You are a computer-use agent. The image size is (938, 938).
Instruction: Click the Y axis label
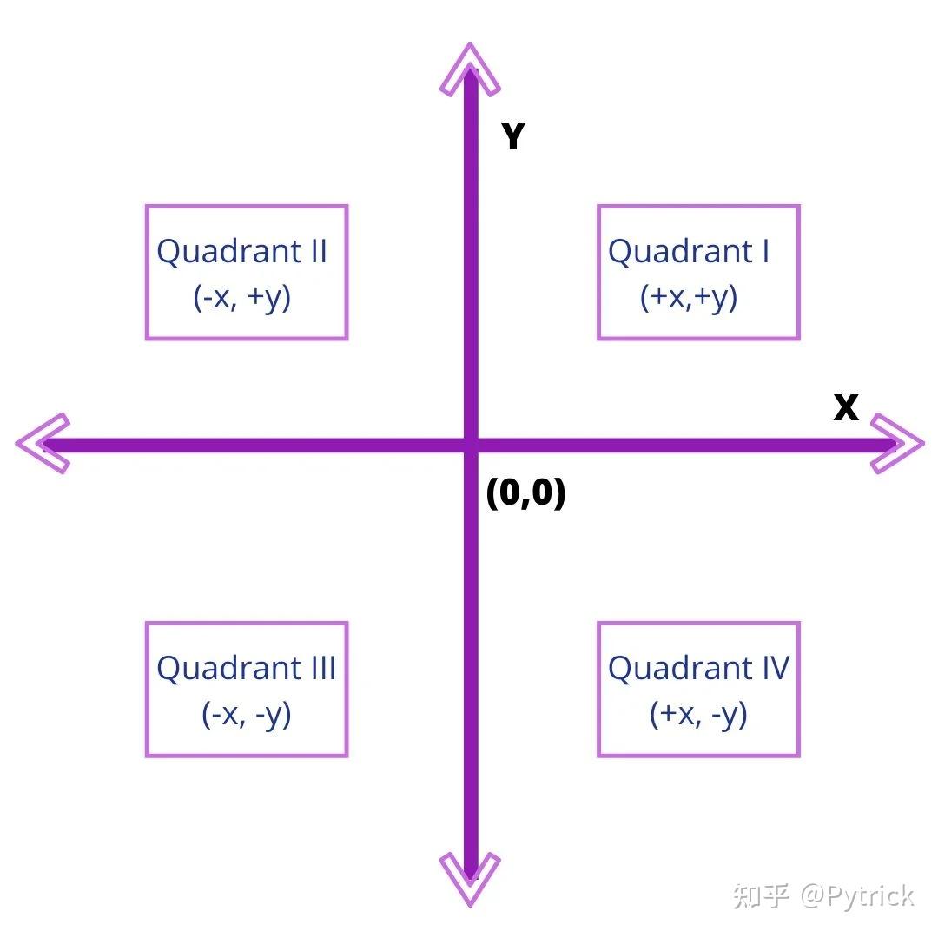pyautogui.click(x=513, y=137)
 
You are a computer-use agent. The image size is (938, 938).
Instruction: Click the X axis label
pyautogui.click(x=846, y=407)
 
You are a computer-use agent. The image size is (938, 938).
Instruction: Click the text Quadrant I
pyautogui.click(x=689, y=251)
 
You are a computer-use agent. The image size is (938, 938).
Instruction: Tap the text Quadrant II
pyautogui.click(x=241, y=251)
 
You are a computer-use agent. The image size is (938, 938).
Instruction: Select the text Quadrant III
pyautogui.click(x=246, y=668)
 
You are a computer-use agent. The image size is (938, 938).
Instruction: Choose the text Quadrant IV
pyautogui.click(x=698, y=668)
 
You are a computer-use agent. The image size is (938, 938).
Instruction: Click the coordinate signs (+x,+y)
pyautogui.click(x=689, y=298)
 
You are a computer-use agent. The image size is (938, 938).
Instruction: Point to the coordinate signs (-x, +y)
pyautogui.click(x=241, y=298)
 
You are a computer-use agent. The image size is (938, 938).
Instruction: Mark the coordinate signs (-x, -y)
pyautogui.click(x=246, y=715)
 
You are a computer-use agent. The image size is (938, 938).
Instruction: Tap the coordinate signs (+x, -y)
pyautogui.click(x=698, y=715)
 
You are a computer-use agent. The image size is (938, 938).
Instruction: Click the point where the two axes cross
pyautogui.click(x=470, y=446)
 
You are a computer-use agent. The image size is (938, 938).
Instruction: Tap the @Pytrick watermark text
pyautogui.click(x=857, y=895)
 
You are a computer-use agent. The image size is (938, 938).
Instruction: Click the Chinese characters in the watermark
pyautogui.click(x=761, y=895)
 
